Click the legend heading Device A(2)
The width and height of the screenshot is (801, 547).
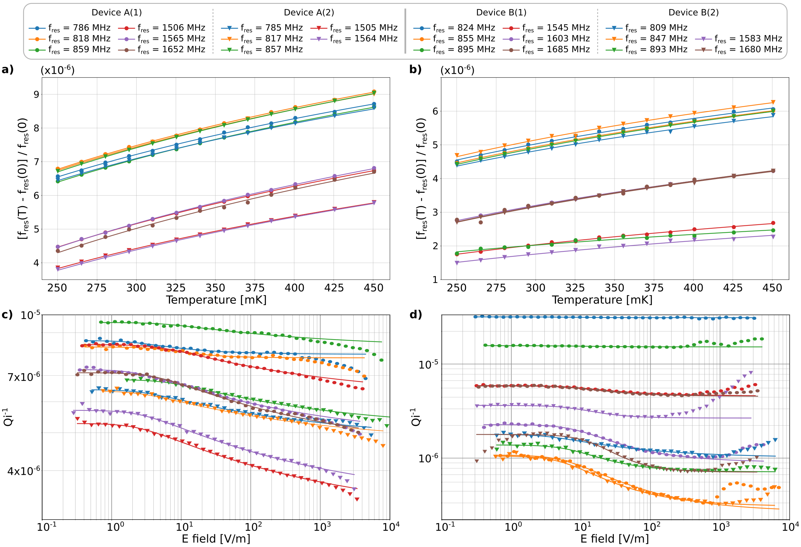pos(309,13)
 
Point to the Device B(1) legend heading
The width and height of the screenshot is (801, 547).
pos(501,13)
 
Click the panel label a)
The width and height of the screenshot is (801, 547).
pos(7,70)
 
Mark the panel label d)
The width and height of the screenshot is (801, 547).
pos(415,314)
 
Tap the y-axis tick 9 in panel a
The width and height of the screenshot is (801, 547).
pos(37,94)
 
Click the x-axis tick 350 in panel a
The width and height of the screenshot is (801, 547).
pos(215,288)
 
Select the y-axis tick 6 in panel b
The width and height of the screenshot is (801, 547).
pos(435,111)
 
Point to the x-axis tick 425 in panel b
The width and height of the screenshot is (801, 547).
pos(733,288)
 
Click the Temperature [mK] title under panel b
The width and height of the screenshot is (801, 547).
pos(602,300)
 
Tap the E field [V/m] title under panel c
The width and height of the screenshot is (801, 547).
pos(216,539)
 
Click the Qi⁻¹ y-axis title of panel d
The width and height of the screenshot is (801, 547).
pos(415,417)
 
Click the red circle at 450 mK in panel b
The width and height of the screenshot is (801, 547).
pos(773,223)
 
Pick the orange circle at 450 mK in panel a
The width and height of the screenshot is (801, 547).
pos(374,92)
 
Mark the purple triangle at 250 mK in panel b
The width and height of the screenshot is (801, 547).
pos(457,263)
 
